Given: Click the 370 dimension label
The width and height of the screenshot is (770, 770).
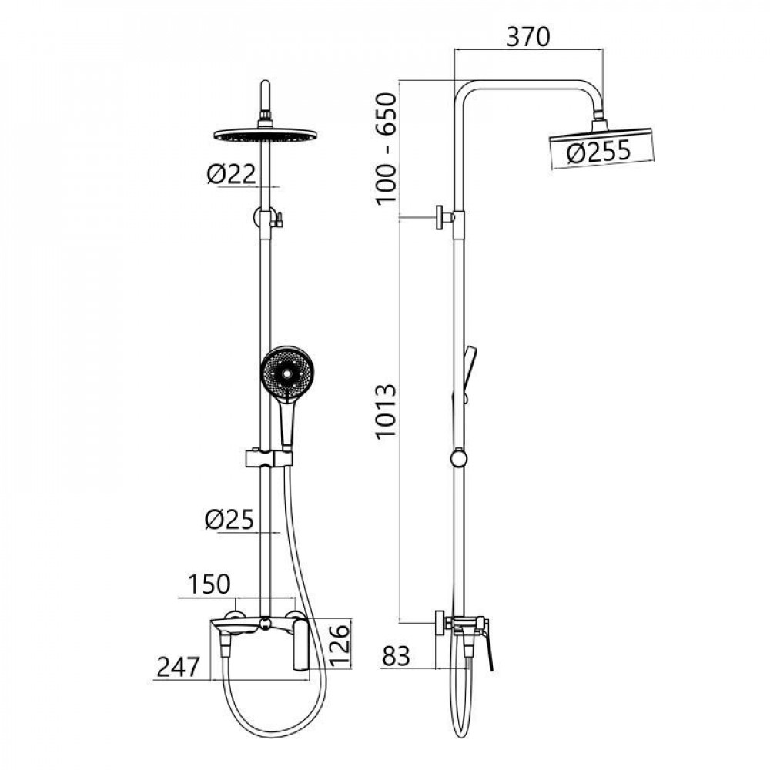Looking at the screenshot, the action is (x=528, y=37).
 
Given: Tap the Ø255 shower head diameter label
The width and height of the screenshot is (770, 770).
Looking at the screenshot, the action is (x=598, y=152).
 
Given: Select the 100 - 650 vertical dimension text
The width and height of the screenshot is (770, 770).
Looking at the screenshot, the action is (x=386, y=149).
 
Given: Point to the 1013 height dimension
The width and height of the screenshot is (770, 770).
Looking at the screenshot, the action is (x=386, y=410).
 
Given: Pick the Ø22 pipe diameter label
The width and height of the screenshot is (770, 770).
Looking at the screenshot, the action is (x=231, y=174).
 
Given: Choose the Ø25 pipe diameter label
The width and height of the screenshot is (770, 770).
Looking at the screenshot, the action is (x=229, y=520).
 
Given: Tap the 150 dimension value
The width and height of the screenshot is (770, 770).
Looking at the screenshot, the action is (x=209, y=584).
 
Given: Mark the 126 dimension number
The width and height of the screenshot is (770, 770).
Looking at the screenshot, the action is (x=340, y=644).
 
